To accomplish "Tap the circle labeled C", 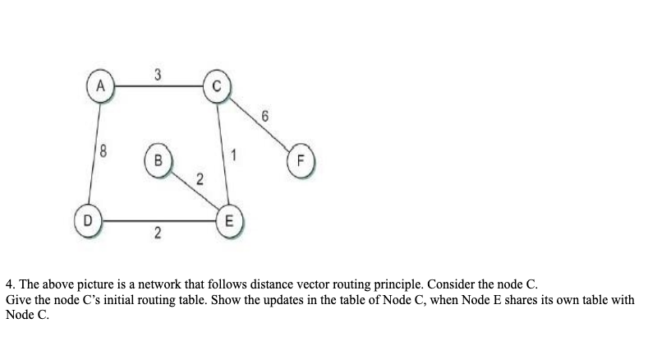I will click(x=217, y=85).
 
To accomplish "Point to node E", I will click(x=230, y=221).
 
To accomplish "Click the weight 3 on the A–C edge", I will click(x=157, y=72).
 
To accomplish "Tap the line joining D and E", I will click(x=157, y=221).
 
